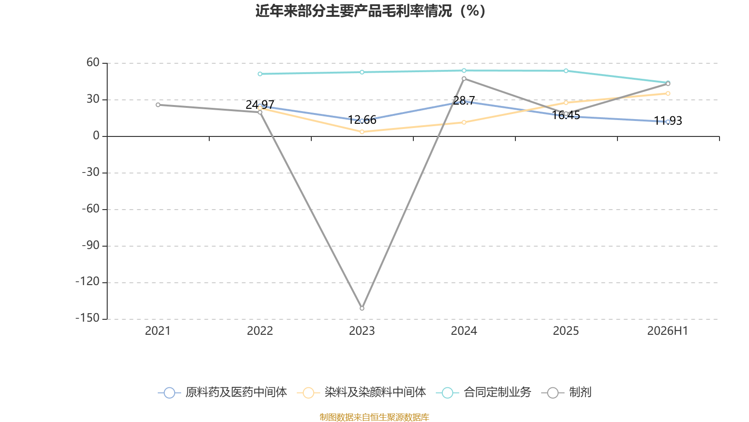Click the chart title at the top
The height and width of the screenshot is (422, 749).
point(370,11)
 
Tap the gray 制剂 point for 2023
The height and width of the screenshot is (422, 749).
point(362,308)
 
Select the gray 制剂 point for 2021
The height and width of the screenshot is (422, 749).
point(158,105)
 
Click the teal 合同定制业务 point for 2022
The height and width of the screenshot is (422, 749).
point(260,74)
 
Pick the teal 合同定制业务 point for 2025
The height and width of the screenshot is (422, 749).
point(566,71)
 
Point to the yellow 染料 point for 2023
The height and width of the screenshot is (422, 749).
point(362,132)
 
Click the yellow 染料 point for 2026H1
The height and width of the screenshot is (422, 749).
point(668,93)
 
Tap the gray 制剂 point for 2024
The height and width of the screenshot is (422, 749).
point(464,79)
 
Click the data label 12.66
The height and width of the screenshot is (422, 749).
point(362,120)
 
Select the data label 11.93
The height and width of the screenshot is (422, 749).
point(668,121)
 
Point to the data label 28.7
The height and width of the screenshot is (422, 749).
point(464,100)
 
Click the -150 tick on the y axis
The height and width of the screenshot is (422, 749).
point(88,318)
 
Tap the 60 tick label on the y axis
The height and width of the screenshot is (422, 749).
point(93,62)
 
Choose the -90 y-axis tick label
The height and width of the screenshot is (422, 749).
point(91,246)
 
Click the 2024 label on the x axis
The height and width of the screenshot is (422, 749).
point(464,331)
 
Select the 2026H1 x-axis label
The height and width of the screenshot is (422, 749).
point(668,331)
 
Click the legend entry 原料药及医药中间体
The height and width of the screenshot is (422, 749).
point(222,392)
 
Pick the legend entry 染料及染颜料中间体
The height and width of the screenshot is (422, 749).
point(361,392)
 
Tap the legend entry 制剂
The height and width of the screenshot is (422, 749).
point(566,392)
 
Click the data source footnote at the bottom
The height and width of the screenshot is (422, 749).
point(374,417)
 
